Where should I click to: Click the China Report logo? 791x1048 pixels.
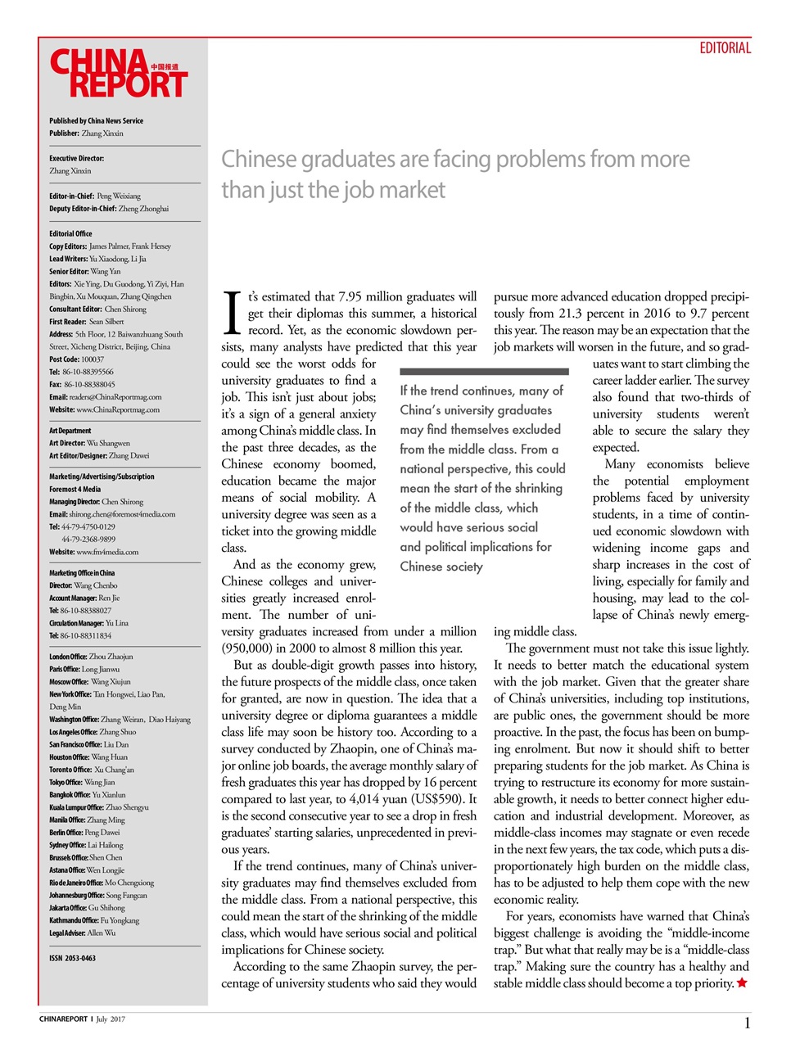point(119,74)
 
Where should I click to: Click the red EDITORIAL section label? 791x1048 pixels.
point(725,48)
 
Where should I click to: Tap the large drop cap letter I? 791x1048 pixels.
point(232,314)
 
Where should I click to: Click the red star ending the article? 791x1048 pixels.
point(742,982)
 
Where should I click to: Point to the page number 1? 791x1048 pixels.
point(747,1023)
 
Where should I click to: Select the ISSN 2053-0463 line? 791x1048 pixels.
point(72,958)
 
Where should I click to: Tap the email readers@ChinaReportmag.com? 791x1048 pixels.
point(115,396)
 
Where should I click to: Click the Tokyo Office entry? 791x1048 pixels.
point(82,782)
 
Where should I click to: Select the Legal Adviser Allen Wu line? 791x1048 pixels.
point(82,933)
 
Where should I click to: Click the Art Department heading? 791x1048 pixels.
point(70,431)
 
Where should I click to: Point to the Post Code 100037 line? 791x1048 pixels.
point(76,359)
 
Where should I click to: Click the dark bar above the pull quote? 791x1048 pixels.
point(484,371)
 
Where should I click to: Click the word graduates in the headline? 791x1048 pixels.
point(327,159)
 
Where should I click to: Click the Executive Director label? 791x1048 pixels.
point(76,158)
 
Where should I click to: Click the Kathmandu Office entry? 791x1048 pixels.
point(94,920)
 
